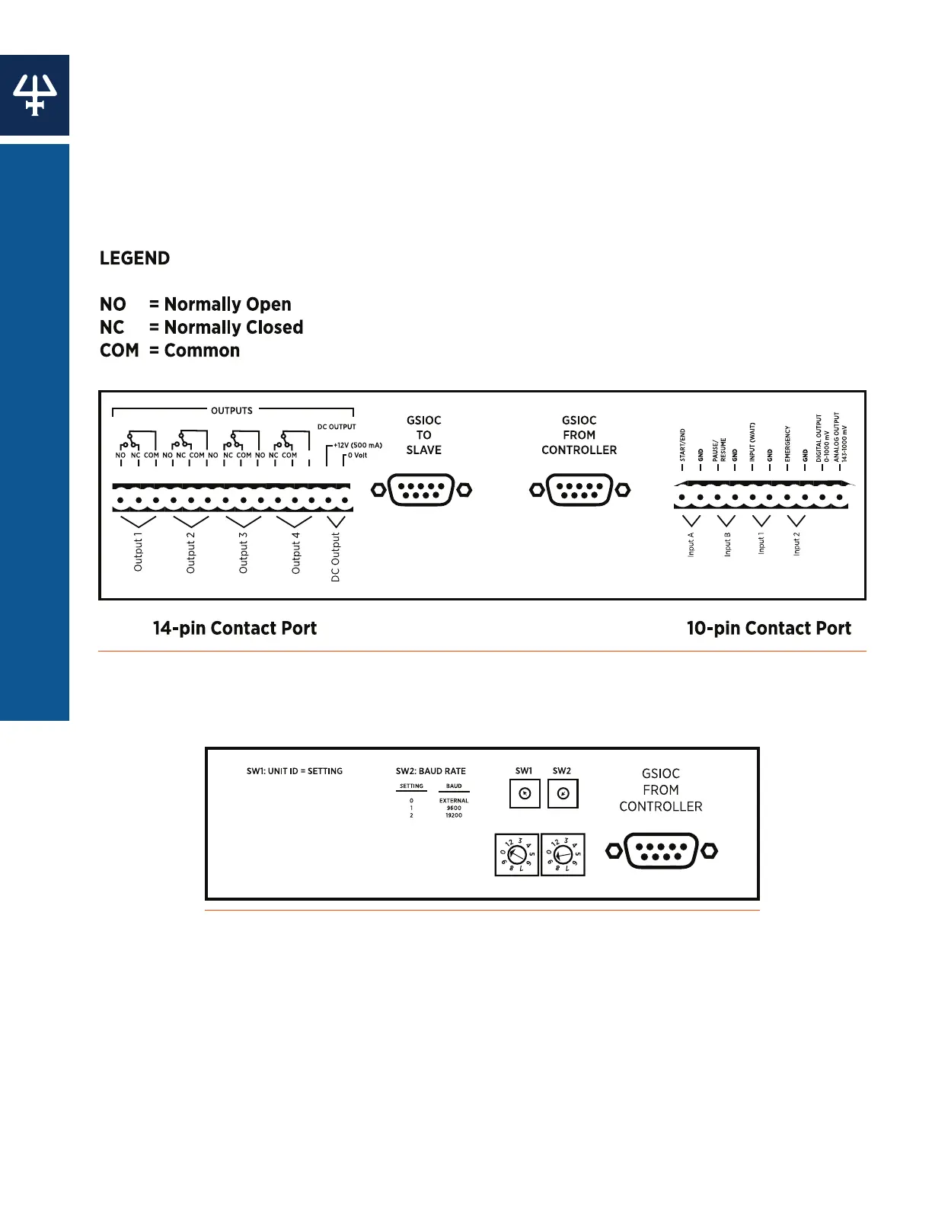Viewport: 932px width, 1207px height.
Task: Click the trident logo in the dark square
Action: point(35,95)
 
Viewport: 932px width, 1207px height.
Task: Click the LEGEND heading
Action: point(135,258)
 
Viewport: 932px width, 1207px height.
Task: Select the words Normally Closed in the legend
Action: point(234,328)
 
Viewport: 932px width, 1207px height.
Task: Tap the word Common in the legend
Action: point(202,351)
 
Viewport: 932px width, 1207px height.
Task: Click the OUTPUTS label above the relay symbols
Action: point(231,411)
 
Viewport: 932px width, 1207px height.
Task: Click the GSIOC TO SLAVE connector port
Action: point(421,490)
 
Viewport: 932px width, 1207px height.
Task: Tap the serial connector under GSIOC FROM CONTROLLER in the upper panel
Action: point(579,490)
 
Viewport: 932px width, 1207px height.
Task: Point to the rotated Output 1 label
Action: point(138,552)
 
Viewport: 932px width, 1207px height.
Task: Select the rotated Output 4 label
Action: point(296,552)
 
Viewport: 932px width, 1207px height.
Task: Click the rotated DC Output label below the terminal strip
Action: point(335,557)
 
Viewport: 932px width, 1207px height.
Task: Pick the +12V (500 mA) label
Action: point(358,445)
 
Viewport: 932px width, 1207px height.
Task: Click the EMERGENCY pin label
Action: point(787,443)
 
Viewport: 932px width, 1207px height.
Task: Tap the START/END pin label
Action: point(682,444)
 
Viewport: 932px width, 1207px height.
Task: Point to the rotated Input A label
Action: point(691,544)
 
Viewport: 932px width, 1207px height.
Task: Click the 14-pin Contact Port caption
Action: point(235,629)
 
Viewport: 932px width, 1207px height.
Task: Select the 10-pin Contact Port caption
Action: point(768,629)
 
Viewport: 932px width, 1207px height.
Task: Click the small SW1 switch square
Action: point(524,794)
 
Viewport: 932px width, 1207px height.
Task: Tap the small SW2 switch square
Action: point(562,794)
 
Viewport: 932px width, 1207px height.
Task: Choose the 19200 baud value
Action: point(454,815)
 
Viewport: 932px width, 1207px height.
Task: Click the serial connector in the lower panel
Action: point(661,851)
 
